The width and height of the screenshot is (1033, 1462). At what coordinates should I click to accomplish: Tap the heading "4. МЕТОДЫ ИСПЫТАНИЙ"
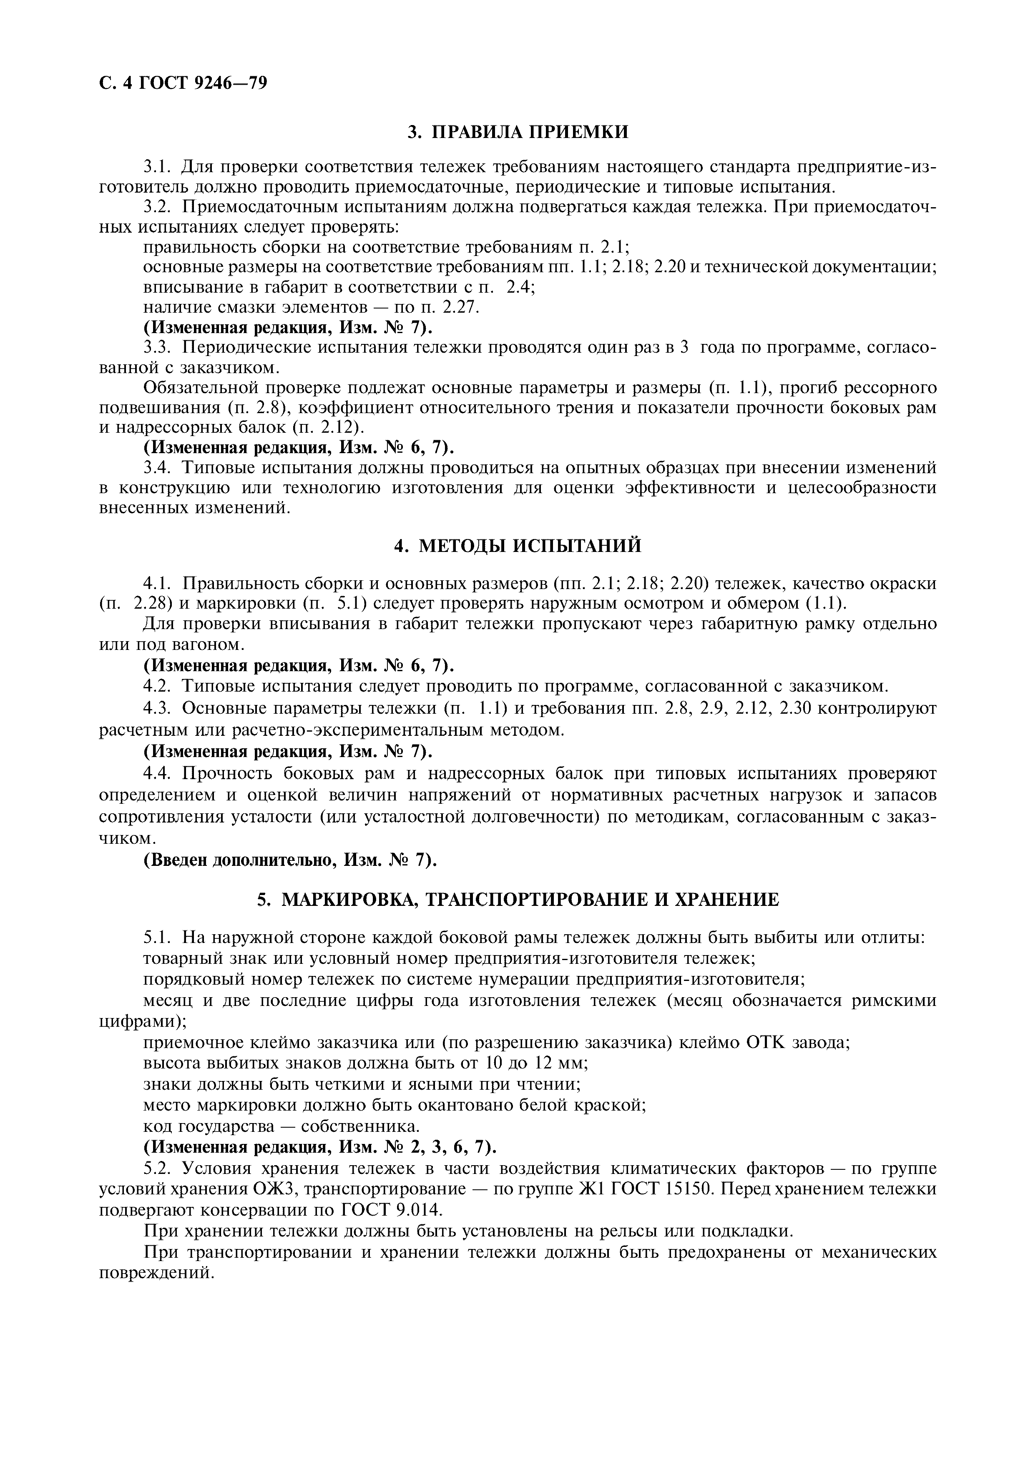point(517,546)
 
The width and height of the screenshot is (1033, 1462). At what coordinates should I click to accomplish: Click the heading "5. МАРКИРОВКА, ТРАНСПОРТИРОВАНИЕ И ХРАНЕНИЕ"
point(517,900)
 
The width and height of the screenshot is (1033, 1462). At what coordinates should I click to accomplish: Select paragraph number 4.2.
point(158,687)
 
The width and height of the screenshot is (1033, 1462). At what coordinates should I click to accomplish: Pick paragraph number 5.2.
point(158,1169)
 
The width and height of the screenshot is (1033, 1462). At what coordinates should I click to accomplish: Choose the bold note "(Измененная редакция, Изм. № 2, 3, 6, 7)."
point(320,1147)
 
